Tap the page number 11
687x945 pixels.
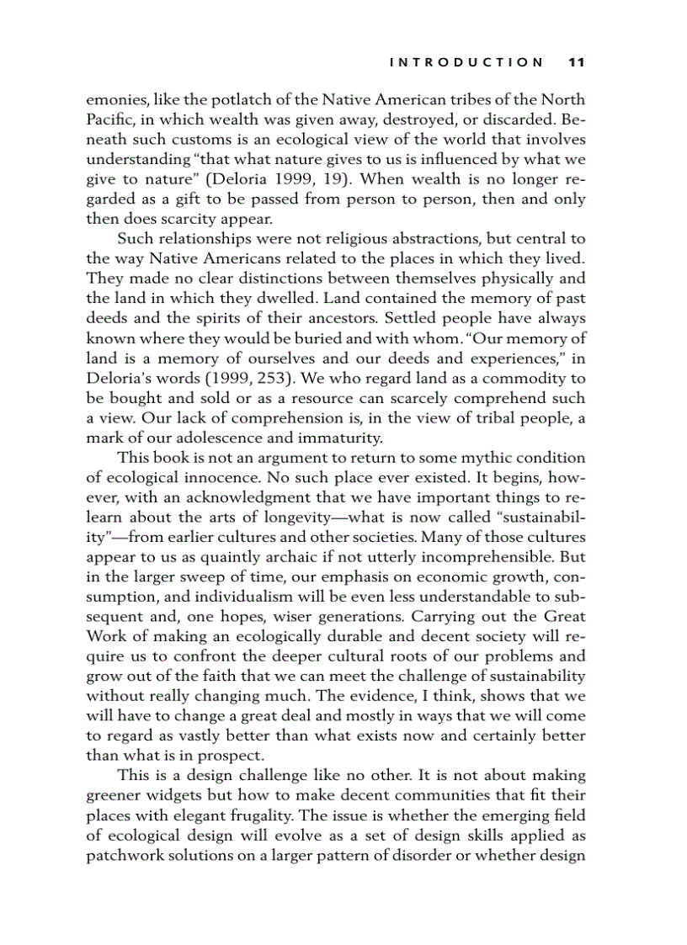coord(577,61)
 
